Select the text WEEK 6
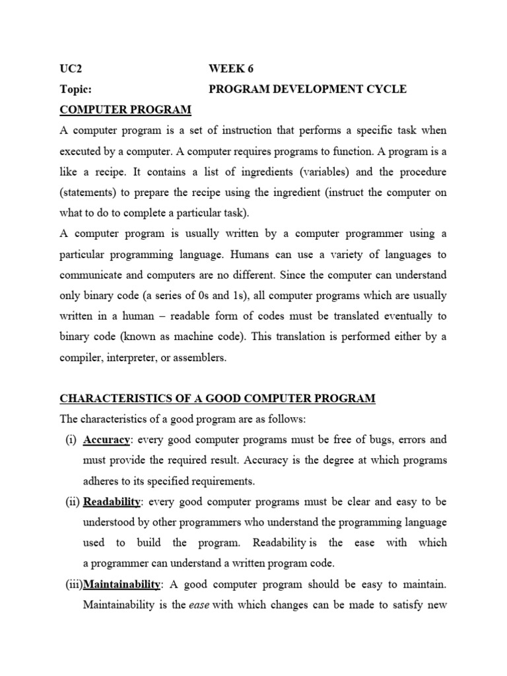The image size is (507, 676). (230, 69)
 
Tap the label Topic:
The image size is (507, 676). (76, 89)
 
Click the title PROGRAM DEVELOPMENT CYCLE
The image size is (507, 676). (308, 89)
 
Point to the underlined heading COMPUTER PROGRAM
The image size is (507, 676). (125, 110)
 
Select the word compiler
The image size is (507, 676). (82, 357)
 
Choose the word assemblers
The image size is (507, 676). (198, 357)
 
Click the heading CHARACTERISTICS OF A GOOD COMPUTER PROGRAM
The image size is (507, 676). (217, 398)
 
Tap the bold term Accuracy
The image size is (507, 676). (106, 439)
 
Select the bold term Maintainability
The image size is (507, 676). (121, 584)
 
